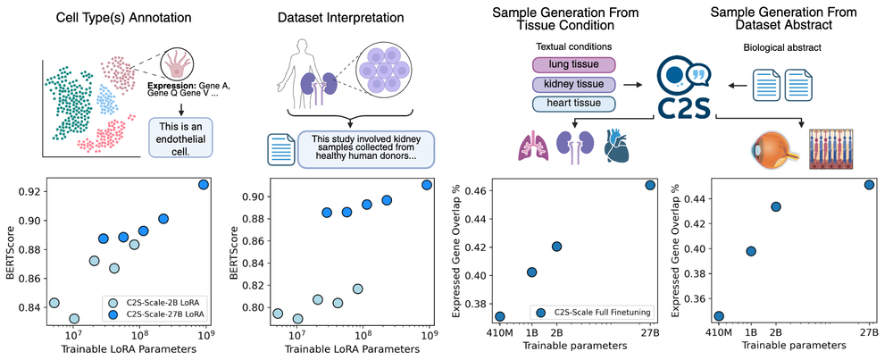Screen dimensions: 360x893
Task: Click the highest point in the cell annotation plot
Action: [x=204, y=185]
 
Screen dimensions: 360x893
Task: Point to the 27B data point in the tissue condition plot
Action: [x=650, y=186]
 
